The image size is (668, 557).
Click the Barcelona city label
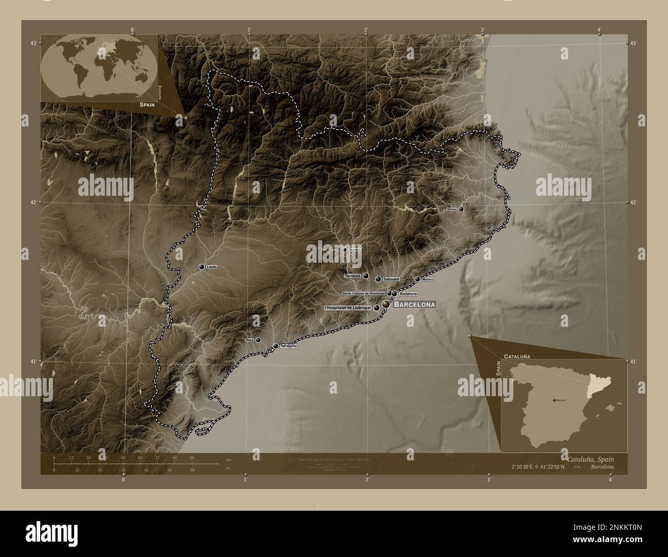414,305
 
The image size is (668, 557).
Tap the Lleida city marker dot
202,267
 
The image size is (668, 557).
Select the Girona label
452,210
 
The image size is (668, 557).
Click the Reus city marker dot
258,340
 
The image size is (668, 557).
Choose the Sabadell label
392,279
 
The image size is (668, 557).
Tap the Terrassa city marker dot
366,276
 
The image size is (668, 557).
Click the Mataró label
428,280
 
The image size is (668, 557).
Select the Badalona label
408,293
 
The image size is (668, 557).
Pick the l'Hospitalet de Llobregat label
348,307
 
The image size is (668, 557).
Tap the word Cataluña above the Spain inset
517,356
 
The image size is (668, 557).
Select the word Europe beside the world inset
160,92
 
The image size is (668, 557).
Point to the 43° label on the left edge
33,43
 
